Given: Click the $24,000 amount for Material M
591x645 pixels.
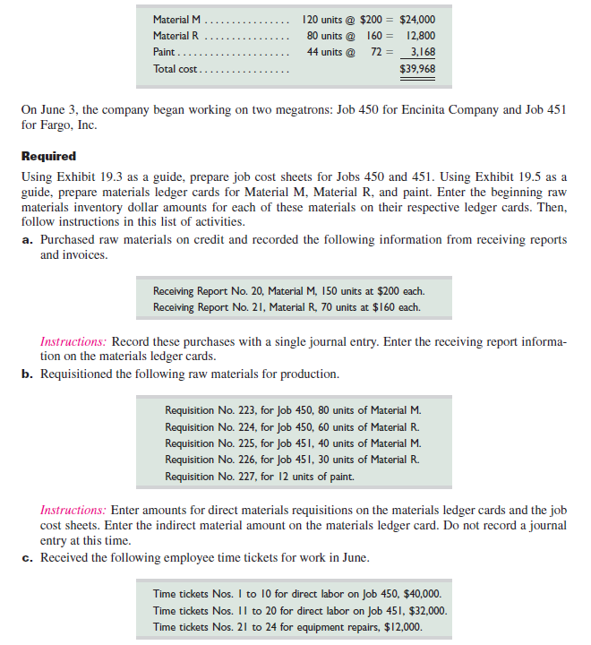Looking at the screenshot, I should pos(416,19).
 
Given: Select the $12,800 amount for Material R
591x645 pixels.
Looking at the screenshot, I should pos(418,36).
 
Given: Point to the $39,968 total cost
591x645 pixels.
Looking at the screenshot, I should pos(416,69).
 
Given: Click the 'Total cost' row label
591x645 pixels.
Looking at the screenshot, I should pos(176,69).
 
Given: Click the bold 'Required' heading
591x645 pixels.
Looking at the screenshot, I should pos(48,156).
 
